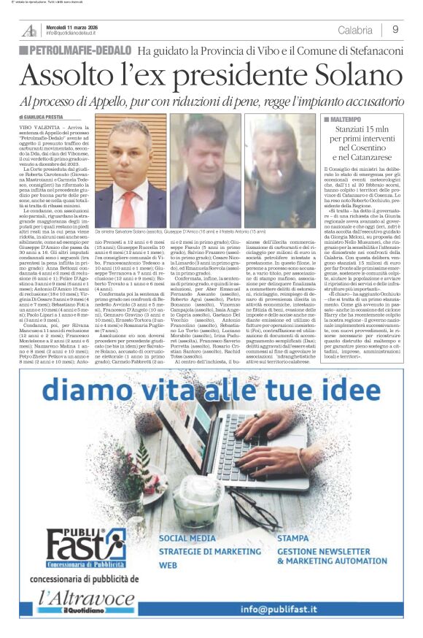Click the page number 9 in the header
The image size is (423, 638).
(x=395, y=30)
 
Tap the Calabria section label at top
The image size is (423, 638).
(x=355, y=30)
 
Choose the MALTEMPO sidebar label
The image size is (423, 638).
(x=344, y=118)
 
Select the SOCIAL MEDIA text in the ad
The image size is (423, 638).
(x=188, y=538)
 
